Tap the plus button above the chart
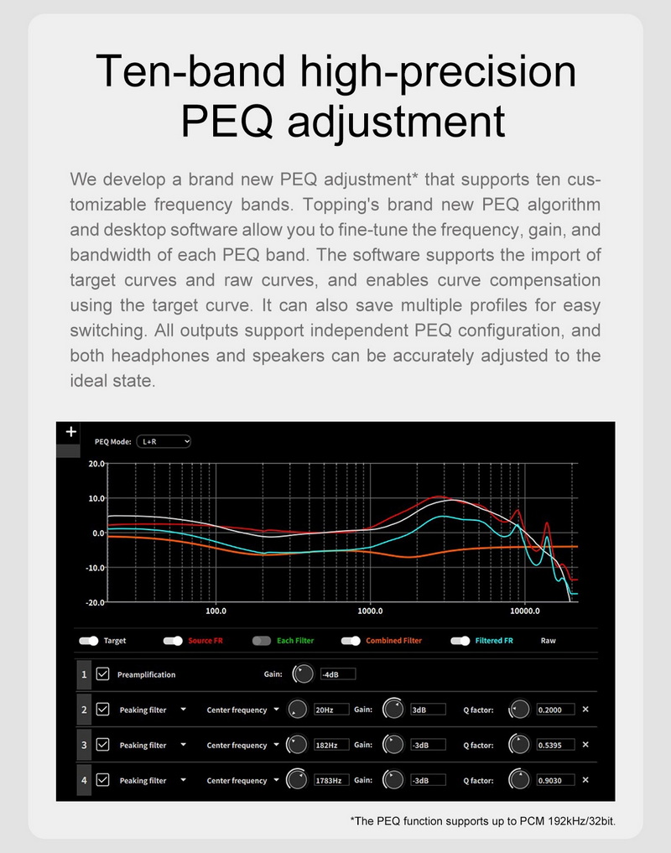(70, 432)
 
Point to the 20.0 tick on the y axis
(96, 463)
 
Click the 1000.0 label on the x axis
(369, 611)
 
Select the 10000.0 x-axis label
(525, 611)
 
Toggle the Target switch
(88, 641)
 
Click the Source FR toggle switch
(173, 641)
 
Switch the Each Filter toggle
(262, 641)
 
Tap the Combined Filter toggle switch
(351, 641)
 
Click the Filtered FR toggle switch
(460, 641)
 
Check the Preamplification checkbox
(103, 674)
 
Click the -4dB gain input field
(337, 674)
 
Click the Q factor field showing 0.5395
(555, 745)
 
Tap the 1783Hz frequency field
(331, 780)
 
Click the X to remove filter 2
(585, 710)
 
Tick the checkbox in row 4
(103, 780)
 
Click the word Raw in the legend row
(548, 641)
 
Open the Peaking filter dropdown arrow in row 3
(183, 745)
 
